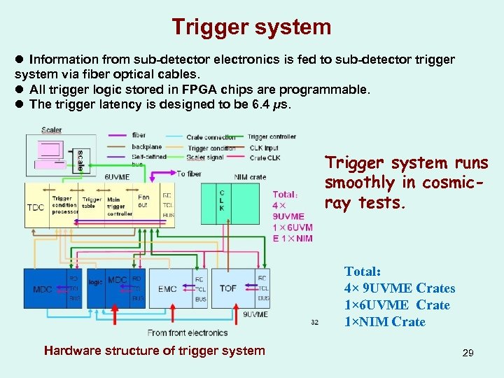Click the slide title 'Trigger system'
[x=251, y=27]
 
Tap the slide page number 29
[x=468, y=353]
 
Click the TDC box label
[x=36, y=207]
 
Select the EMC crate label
[x=167, y=288]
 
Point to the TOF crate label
[x=228, y=288]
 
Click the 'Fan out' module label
[x=143, y=202]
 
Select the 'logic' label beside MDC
[x=95, y=281]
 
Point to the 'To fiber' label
[x=190, y=173]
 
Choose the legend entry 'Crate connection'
[x=211, y=137]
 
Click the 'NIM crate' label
[x=250, y=177]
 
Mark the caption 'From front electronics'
[x=188, y=332]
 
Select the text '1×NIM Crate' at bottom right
[x=384, y=321]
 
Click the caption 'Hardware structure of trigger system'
[x=154, y=351]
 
